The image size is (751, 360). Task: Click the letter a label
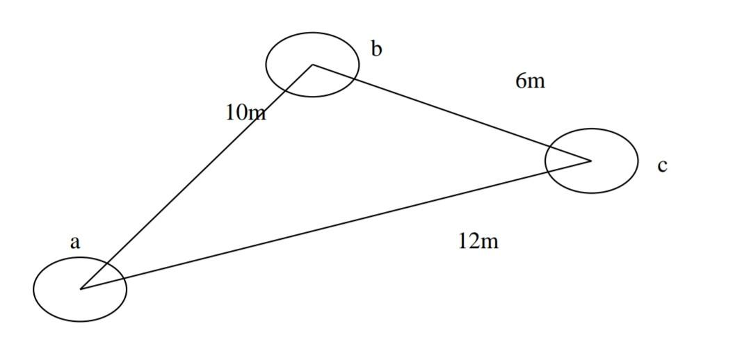click(75, 243)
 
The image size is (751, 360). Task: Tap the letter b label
click(376, 49)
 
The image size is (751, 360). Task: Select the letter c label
click(662, 165)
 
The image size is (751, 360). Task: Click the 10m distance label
click(245, 112)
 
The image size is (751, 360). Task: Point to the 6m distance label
click(530, 81)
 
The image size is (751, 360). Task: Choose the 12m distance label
click(478, 241)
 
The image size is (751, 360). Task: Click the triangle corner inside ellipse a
click(81, 288)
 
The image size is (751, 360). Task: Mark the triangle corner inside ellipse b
click(313, 65)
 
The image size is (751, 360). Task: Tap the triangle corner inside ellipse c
click(590, 161)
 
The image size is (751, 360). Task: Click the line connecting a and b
click(197, 177)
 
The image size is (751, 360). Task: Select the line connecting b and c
click(452, 113)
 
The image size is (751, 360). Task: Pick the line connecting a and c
click(334, 224)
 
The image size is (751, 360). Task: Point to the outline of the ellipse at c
click(638, 161)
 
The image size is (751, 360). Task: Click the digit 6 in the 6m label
click(521, 81)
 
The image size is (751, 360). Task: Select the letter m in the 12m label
click(490, 242)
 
